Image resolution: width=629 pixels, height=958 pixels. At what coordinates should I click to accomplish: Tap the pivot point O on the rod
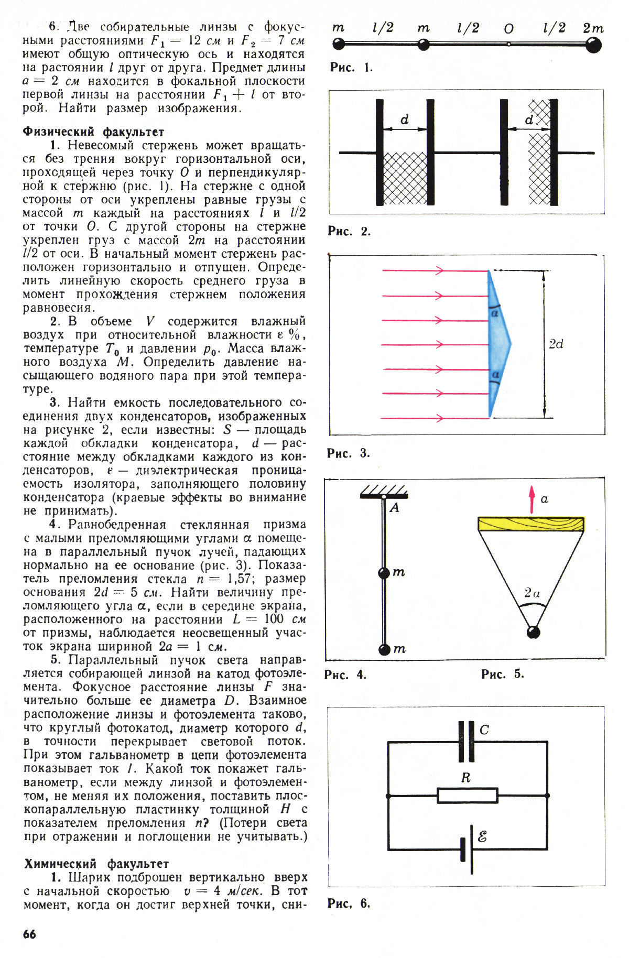508,45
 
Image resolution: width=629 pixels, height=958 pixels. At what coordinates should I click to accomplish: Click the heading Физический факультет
93,132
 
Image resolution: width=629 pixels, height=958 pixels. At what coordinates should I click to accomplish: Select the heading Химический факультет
96,864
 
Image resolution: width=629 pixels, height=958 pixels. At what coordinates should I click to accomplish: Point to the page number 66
30,934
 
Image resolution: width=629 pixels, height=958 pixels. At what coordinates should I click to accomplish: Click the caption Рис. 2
349,231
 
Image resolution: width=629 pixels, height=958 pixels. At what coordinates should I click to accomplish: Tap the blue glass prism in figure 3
498,344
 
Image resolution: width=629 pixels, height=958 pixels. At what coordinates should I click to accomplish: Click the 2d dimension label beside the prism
556,344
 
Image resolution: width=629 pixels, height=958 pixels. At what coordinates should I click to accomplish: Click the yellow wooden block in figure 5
531,524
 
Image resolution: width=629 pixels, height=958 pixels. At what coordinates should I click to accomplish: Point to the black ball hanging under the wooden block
533,632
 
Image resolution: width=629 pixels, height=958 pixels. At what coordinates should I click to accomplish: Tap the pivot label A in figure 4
395,507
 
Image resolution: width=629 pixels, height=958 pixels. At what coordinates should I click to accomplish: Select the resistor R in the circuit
468,796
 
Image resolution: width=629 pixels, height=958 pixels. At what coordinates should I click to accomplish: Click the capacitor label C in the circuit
484,730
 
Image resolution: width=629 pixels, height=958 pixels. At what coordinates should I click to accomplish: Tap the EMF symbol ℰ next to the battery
482,836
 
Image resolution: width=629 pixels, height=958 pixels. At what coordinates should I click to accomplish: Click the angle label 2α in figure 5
532,593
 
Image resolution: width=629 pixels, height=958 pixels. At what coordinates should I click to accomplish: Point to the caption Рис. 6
349,903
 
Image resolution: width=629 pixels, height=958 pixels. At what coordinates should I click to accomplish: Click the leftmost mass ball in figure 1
339,45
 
